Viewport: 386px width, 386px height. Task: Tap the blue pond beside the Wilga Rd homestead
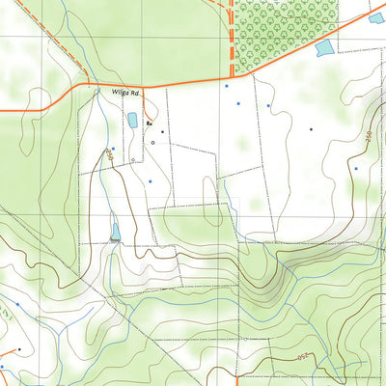click(x=131, y=120)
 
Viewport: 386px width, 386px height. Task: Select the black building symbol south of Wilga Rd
click(x=150, y=124)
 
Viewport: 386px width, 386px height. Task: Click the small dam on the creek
click(x=116, y=233)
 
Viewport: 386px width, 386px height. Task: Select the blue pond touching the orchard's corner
click(x=325, y=48)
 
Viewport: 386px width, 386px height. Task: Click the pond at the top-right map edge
click(x=376, y=17)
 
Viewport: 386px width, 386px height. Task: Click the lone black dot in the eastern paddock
click(x=311, y=127)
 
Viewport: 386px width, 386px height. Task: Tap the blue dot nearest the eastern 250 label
click(x=356, y=169)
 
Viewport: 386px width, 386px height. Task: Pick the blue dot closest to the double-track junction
click(x=226, y=87)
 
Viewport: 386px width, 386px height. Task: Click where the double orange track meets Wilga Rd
click(x=232, y=76)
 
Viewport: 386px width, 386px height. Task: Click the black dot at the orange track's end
click(x=19, y=349)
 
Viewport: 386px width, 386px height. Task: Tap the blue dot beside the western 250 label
click(x=113, y=149)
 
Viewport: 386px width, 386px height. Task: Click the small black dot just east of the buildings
click(x=162, y=131)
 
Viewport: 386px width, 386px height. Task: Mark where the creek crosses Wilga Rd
click(x=97, y=89)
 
